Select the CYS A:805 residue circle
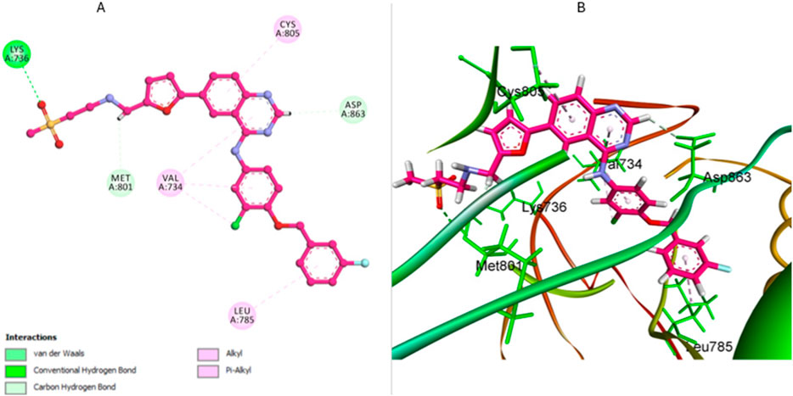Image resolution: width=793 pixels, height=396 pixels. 289,29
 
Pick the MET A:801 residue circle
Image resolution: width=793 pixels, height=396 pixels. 121,182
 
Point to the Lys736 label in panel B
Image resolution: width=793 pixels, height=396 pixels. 544,207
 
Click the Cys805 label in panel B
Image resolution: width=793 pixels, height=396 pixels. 520,92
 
